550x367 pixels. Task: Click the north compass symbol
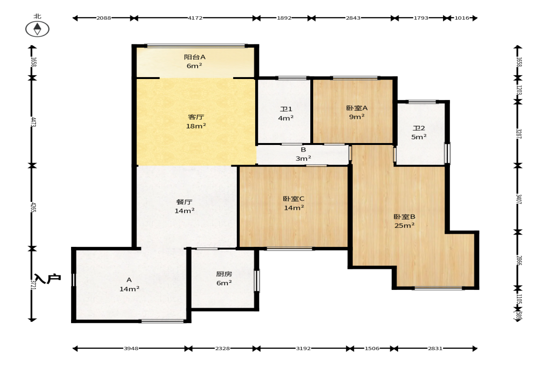[37, 29]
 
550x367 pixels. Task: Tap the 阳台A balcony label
[195, 57]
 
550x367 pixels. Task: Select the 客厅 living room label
[196, 117]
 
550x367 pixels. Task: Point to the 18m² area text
[196, 126]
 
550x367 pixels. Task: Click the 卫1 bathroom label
[286, 109]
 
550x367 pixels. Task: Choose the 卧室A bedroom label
[357, 108]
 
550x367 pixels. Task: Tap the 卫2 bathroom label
[419, 128]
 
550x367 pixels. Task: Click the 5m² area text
[419, 137]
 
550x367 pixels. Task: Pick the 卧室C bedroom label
[293, 199]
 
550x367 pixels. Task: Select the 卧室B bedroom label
[404, 216]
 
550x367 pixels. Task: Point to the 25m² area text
[404, 225]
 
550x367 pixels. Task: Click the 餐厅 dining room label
[184, 202]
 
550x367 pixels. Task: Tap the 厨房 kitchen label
[224, 273]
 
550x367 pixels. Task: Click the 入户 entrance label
[48, 279]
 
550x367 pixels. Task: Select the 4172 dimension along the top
[195, 18]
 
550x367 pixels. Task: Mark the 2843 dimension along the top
[353, 18]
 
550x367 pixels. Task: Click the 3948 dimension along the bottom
[131, 348]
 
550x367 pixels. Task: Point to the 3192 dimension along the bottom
[303, 348]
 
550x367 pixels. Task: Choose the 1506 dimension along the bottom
[372, 348]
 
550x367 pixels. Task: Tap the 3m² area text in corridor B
[303, 158]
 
